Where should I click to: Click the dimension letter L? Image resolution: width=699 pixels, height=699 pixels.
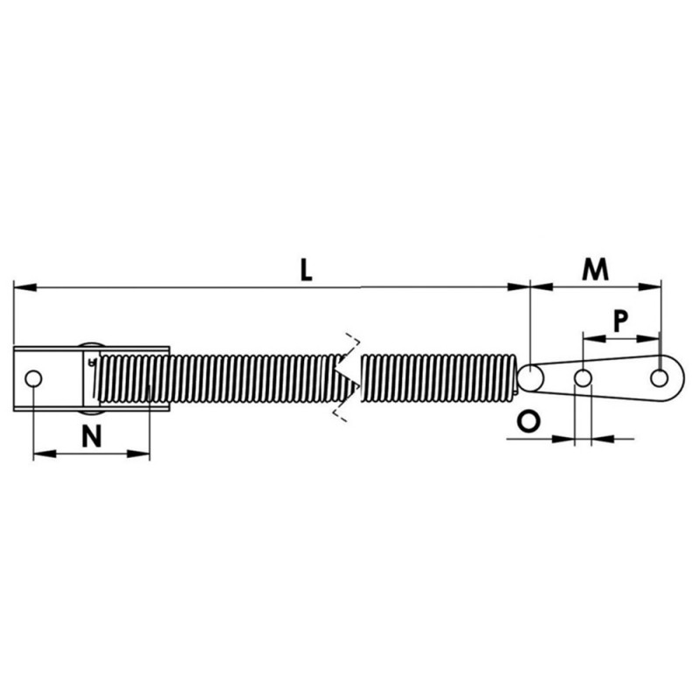point(306,270)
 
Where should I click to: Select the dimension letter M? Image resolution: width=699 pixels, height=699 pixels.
point(595,269)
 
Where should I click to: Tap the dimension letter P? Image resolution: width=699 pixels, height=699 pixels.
point(620,321)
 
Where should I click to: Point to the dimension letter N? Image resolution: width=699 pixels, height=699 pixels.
point(92,435)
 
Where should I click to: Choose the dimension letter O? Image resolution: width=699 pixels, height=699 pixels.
point(529,421)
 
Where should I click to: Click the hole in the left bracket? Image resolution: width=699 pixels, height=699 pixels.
point(33,379)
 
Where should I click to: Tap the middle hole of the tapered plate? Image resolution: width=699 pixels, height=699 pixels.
point(583,378)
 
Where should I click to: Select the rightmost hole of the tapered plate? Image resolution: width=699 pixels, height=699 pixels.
point(659,378)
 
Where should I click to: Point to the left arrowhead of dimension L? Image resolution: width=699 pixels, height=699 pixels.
point(25,287)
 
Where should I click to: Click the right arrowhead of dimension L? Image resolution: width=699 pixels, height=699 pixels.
point(518,287)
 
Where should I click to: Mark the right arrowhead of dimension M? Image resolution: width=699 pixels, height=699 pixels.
point(649,287)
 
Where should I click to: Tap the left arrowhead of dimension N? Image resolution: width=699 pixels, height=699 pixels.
point(45,453)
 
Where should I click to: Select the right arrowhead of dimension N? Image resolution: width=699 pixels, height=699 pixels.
point(139,453)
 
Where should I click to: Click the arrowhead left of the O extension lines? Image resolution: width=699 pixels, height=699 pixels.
point(564,439)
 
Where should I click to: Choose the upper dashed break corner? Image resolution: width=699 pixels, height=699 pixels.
point(358,341)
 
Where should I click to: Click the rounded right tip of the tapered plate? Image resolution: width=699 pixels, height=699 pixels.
point(683,378)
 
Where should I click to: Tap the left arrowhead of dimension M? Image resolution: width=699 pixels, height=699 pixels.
point(541,287)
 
